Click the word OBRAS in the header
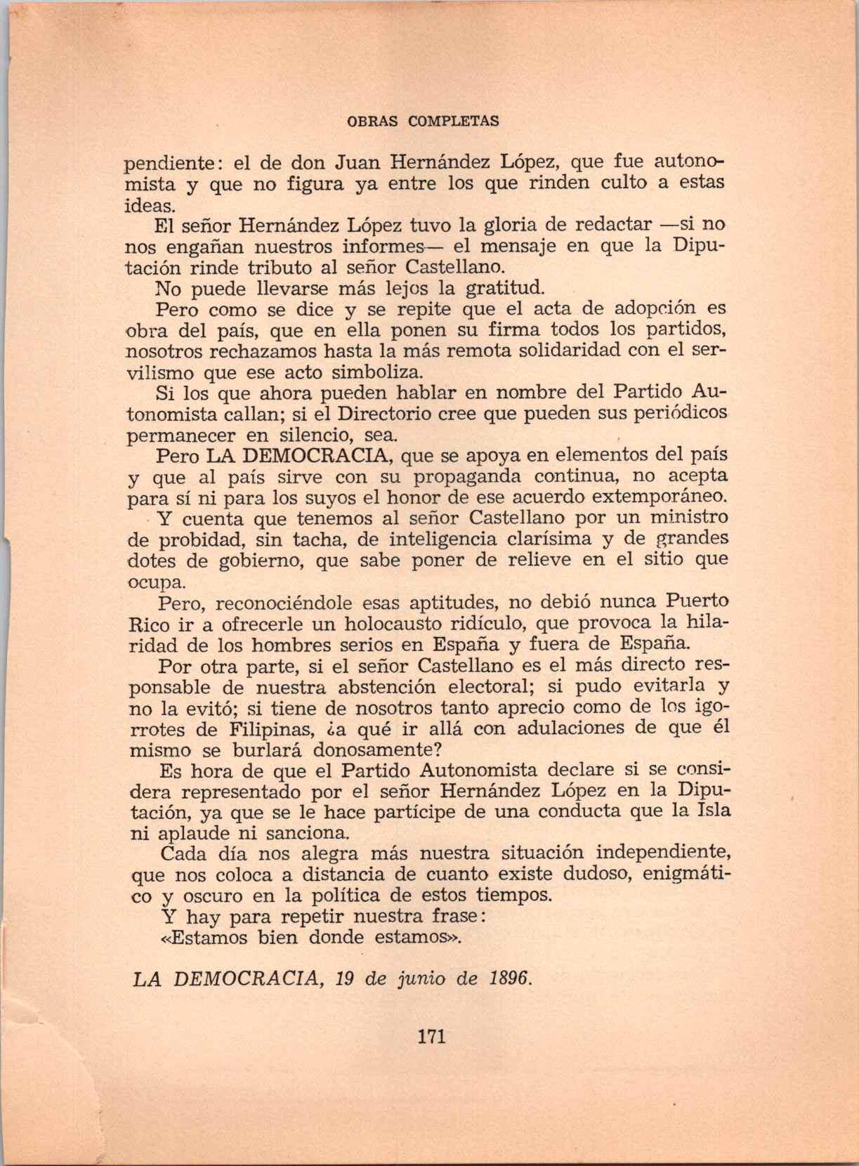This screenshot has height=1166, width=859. pyautogui.click(x=372, y=121)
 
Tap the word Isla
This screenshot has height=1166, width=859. pyautogui.click(x=712, y=811)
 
